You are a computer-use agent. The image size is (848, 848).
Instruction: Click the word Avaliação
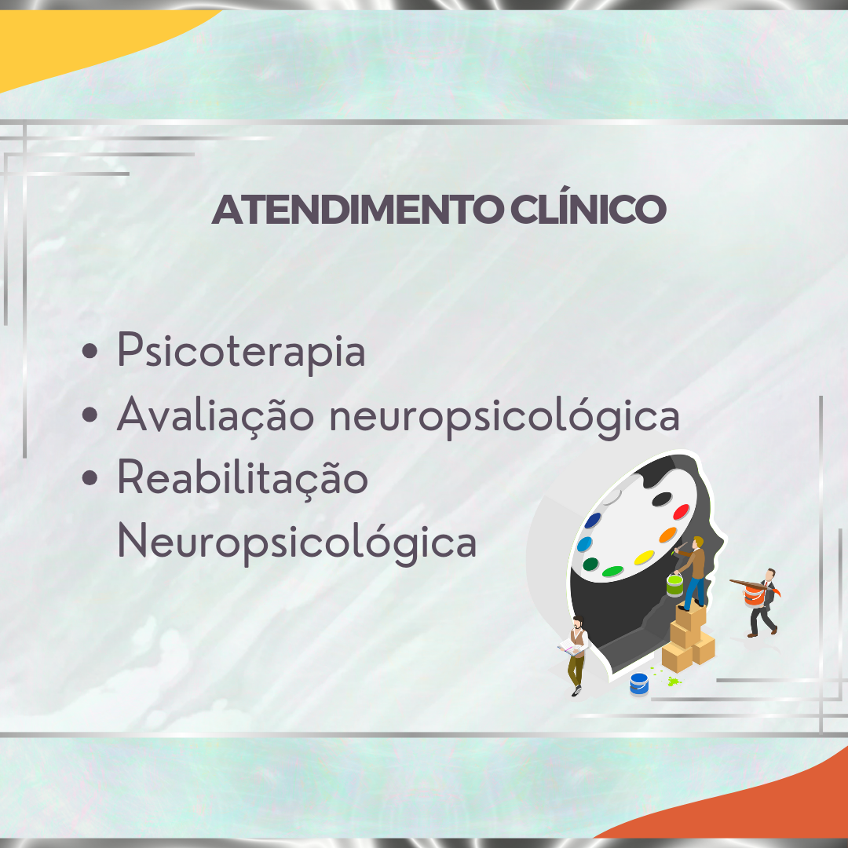pyautogui.click(x=216, y=415)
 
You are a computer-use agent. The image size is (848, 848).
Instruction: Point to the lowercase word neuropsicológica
pyautogui.click(x=504, y=417)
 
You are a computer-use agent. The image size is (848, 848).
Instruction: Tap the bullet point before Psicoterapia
pyautogui.click(x=90, y=350)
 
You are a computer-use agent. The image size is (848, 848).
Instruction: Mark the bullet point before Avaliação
pyautogui.click(x=90, y=415)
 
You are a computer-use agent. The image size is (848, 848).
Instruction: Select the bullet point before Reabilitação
pyautogui.click(x=90, y=477)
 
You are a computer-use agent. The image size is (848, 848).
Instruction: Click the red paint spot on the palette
pyautogui.click(x=680, y=512)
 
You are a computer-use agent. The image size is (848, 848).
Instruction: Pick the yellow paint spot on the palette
pyautogui.click(x=644, y=557)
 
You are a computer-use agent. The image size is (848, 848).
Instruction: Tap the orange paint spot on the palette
pyautogui.click(x=668, y=535)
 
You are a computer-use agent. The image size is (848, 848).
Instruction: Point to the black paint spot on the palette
pyautogui.click(x=661, y=499)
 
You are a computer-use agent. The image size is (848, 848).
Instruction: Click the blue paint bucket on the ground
pyautogui.click(x=638, y=684)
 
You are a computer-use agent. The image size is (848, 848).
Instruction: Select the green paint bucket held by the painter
pyautogui.click(x=674, y=585)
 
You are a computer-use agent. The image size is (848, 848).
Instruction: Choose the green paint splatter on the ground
pyautogui.click(x=674, y=682)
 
